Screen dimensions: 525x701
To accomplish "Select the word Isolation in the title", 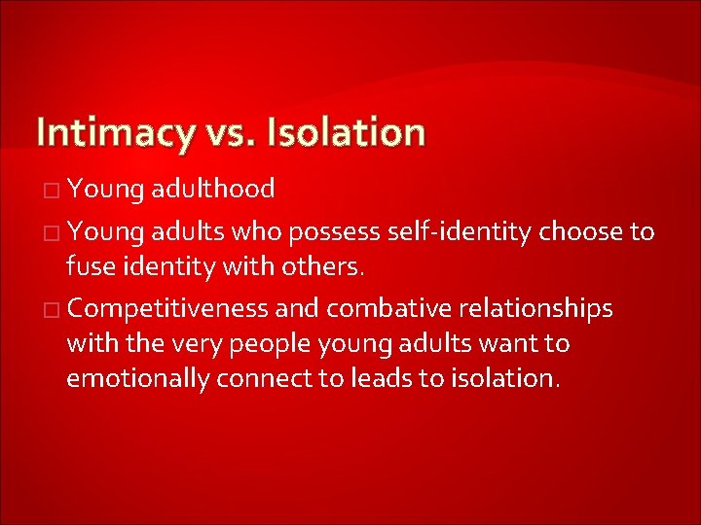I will tap(345, 131).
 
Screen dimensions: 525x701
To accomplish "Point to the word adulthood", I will tap(213, 188).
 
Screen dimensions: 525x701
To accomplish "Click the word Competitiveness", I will tap(168, 309).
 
